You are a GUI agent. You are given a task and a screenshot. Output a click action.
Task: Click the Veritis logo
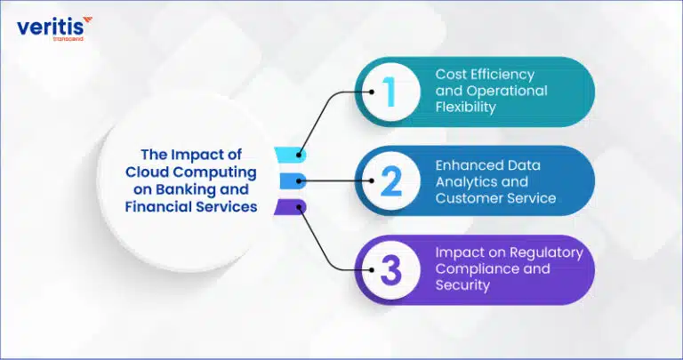[54, 28]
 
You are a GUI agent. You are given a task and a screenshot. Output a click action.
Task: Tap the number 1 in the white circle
[390, 92]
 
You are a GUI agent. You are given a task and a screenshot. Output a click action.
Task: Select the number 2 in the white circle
[391, 181]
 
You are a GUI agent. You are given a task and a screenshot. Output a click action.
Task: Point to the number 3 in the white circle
[391, 270]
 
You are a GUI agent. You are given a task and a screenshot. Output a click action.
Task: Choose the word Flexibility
[466, 107]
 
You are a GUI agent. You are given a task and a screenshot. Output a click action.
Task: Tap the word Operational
[507, 91]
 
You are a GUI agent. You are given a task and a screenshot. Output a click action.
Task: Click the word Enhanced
[466, 165]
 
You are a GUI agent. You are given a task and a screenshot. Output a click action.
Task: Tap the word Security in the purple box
[462, 285]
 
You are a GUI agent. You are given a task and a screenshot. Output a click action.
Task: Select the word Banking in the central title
[187, 190]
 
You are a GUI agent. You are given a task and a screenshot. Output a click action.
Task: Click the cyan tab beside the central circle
[290, 155]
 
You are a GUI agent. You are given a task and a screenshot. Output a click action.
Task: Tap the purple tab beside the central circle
[290, 207]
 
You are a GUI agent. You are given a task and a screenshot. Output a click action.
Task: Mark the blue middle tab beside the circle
[293, 180]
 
